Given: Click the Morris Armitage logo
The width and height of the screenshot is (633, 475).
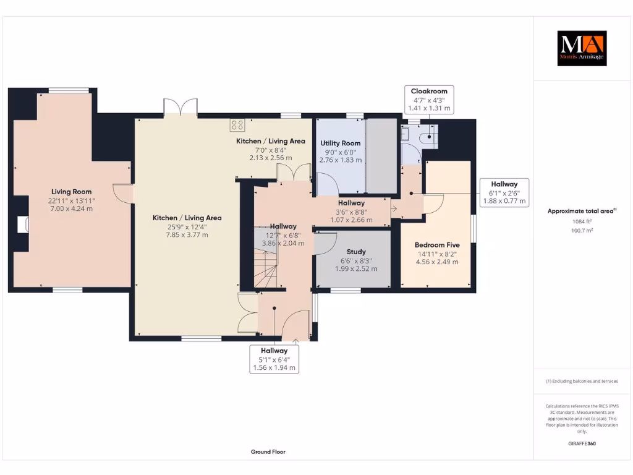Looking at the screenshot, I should (582, 48).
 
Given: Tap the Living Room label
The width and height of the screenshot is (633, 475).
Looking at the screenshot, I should (72, 192).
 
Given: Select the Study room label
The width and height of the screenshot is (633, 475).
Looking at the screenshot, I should (356, 252).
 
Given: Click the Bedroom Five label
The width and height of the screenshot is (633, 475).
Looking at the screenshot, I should (437, 245).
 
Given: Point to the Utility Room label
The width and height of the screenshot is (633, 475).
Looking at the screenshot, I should (340, 143).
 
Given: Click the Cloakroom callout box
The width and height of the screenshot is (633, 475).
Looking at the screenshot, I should (429, 100).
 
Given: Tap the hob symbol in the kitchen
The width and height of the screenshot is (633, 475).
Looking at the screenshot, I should (237, 125).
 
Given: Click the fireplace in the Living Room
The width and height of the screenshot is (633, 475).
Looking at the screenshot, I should (23, 223).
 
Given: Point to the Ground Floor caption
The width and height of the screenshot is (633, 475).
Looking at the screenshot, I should (268, 451).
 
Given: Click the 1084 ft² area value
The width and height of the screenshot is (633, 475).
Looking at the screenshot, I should (582, 221).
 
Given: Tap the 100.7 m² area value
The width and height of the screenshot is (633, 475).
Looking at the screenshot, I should (582, 230).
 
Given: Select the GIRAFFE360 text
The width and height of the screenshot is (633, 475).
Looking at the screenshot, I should (582, 443).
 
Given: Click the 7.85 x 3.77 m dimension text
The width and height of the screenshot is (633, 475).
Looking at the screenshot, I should (187, 234).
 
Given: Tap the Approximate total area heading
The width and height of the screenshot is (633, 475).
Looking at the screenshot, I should (582, 211).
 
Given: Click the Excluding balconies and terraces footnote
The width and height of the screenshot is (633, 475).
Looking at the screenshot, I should (582, 381).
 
